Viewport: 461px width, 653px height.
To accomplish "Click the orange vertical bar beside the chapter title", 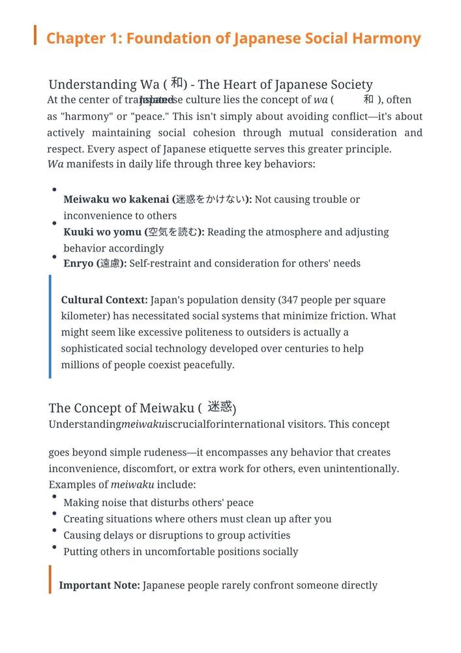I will tap(35, 35).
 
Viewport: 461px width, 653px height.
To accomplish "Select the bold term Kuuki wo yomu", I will tap(102, 232).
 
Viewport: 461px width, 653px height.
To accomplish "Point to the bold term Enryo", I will tap(79, 264).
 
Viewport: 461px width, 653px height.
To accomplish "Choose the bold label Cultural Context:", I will tap(104, 300).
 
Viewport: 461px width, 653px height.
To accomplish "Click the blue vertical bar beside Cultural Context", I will tap(50, 326).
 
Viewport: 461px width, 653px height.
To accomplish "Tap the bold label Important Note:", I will tap(99, 585).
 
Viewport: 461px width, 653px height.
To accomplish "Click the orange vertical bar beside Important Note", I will tap(50, 579).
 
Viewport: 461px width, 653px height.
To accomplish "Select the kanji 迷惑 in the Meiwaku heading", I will tap(220, 407).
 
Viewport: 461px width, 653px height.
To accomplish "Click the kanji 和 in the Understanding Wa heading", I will tap(177, 83).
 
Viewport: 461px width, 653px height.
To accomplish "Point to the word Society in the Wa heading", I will tap(350, 85).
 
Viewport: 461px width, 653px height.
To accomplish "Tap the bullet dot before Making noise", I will tap(53, 497).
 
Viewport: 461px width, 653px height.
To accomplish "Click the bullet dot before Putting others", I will tap(53, 546).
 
